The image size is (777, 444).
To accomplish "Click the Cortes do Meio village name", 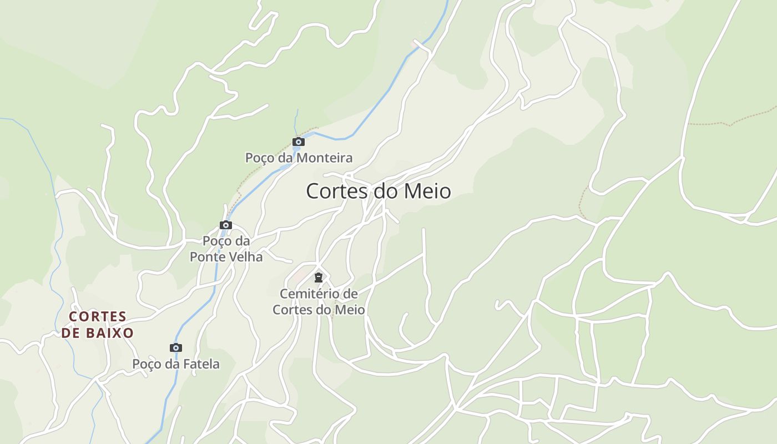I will point(378,191).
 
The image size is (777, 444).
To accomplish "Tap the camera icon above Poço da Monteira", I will point(299,142).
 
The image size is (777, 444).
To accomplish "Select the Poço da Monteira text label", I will point(299,158).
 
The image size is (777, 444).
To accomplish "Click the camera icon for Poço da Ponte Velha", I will point(225,225).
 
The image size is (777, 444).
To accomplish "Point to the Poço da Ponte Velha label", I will point(226,249).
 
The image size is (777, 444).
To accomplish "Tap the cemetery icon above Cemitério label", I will point(319,277).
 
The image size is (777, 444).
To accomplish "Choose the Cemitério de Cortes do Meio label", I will point(319,301).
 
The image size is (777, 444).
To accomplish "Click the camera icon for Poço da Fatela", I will point(175,347).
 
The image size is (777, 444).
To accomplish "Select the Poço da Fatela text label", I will point(175,364).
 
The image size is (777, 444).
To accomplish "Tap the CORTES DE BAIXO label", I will point(98,325).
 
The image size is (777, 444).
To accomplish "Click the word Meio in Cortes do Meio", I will point(427,191).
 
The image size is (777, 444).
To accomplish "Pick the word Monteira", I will point(324,158).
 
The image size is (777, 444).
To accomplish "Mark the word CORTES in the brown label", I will point(98,316).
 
